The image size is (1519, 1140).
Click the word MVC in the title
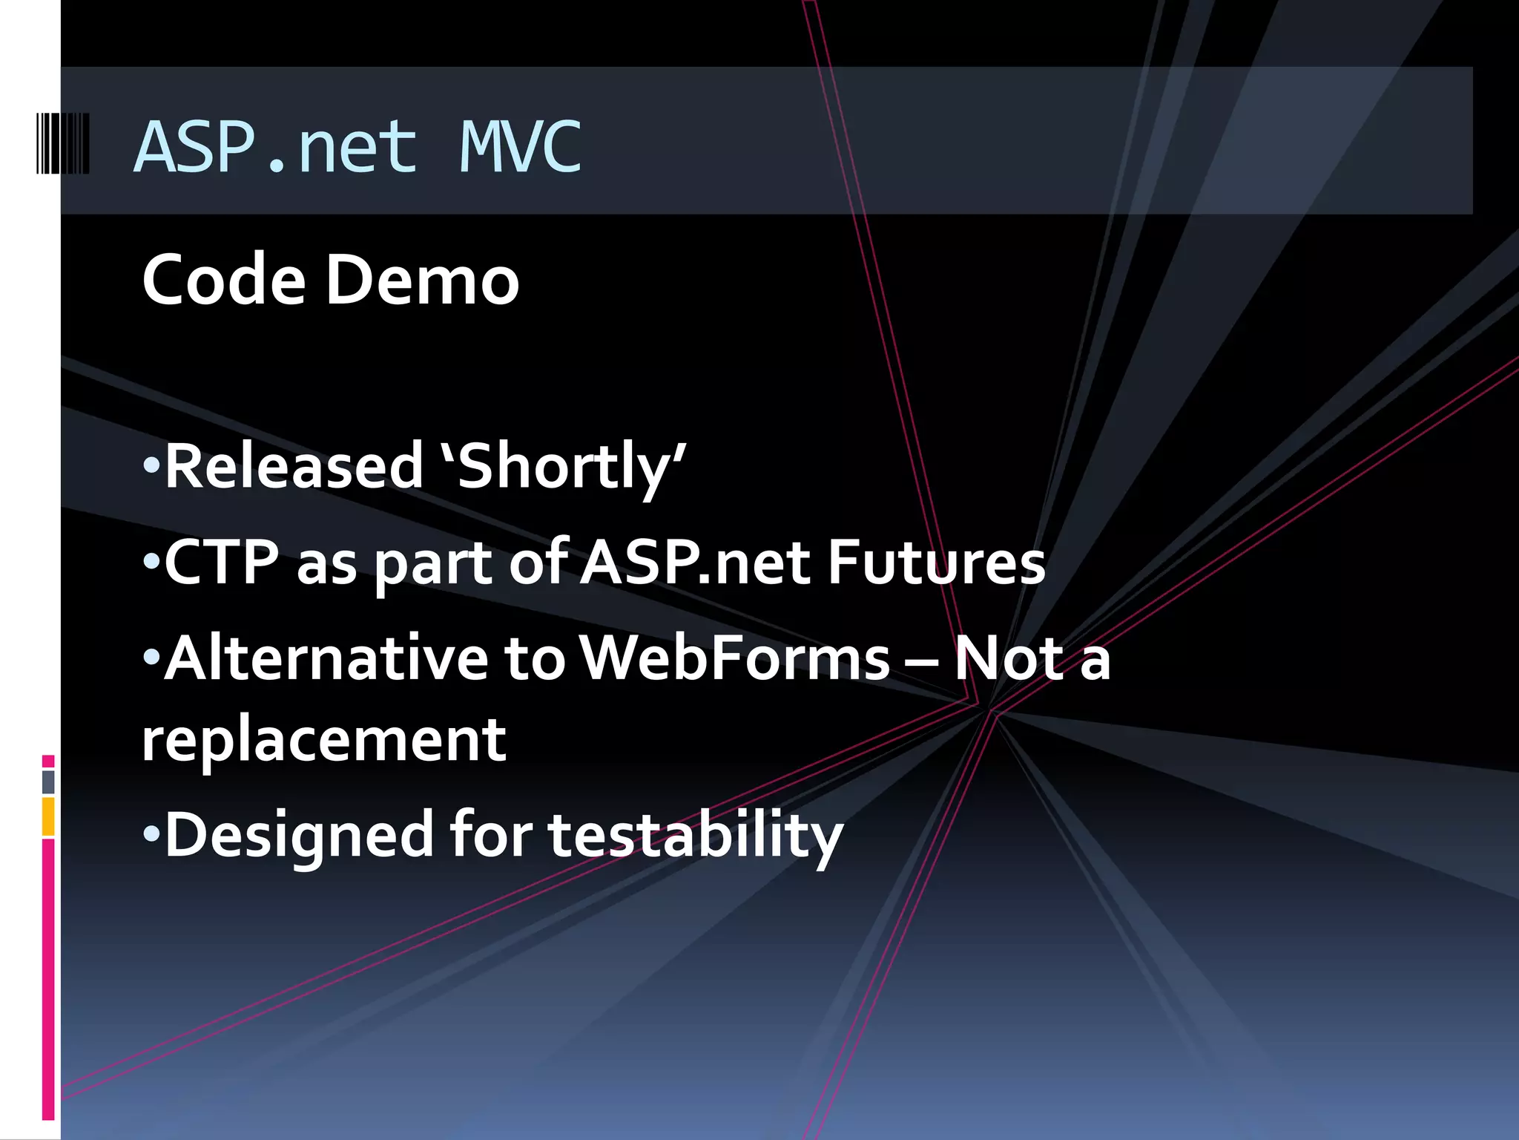click(520, 147)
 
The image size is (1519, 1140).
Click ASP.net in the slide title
click(275, 147)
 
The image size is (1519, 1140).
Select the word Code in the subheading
click(223, 280)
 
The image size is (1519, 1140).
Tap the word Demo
click(422, 280)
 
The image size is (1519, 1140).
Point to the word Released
click(293, 466)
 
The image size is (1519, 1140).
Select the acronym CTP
click(222, 563)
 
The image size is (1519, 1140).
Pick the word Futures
click(936, 563)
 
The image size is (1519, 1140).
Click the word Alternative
click(326, 658)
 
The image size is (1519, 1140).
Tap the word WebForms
click(734, 658)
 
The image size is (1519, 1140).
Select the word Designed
click(298, 834)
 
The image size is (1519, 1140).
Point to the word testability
click(696, 834)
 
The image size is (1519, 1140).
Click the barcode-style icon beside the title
click(63, 143)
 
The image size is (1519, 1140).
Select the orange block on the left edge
click(48, 816)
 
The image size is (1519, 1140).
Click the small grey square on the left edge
click(48, 782)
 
